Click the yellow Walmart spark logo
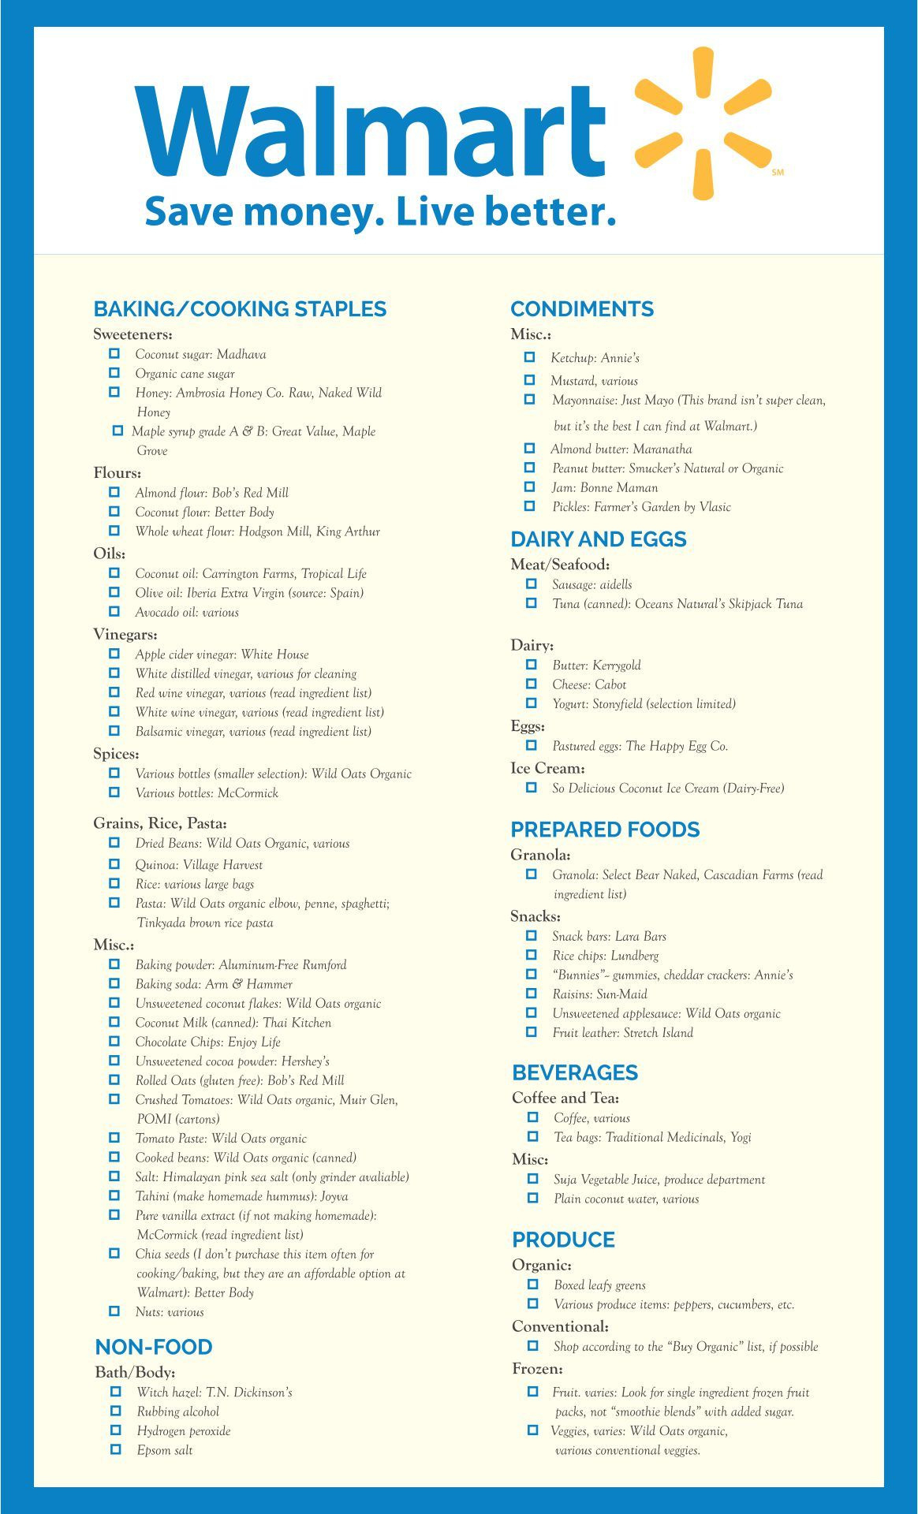(x=703, y=123)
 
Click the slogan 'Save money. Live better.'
(x=379, y=212)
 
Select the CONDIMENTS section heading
(x=582, y=308)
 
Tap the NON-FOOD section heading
(x=154, y=1346)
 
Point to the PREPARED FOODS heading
(x=605, y=829)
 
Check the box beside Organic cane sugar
(x=114, y=373)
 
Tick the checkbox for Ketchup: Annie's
(x=530, y=357)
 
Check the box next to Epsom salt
(x=116, y=1449)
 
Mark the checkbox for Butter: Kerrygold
(x=532, y=665)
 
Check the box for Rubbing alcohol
(x=116, y=1411)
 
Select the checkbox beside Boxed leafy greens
(x=533, y=1285)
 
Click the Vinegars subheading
(x=125, y=634)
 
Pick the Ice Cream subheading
(x=547, y=768)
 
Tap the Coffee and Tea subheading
(x=565, y=1098)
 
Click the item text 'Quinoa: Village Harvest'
(x=199, y=864)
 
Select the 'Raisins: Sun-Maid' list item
(x=599, y=994)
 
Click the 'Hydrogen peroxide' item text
(x=184, y=1430)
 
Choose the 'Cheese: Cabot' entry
(x=589, y=684)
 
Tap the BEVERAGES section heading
(x=575, y=1072)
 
